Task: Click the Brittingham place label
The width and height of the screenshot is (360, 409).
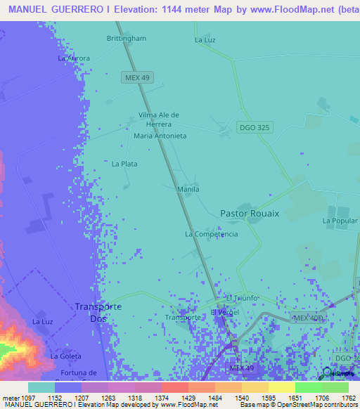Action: pyautogui.click(x=127, y=39)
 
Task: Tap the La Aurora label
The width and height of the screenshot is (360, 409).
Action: pyautogui.click(x=74, y=58)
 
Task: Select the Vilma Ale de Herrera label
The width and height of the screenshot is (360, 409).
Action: pyautogui.click(x=159, y=119)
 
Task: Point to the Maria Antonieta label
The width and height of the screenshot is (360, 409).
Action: pyautogui.click(x=160, y=136)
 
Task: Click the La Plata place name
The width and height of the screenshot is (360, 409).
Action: pyautogui.click(x=124, y=164)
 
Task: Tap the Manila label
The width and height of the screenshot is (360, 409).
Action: pyautogui.click(x=188, y=189)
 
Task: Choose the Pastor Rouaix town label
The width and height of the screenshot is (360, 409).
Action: pyautogui.click(x=250, y=214)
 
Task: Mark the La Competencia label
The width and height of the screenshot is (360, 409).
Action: pyautogui.click(x=211, y=234)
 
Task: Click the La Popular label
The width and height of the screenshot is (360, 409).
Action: pyautogui.click(x=341, y=221)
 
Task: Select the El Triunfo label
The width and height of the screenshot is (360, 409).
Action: pyautogui.click(x=242, y=298)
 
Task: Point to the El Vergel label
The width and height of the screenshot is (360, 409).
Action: pyautogui.click(x=225, y=312)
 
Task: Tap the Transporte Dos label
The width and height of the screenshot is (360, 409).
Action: pyautogui.click(x=98, y=313)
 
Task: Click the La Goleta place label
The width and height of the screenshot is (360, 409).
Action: pyautogui.click(x=65, y=356)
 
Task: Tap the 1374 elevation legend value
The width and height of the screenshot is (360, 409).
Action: pyautogui.click(x=174, y=398)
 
